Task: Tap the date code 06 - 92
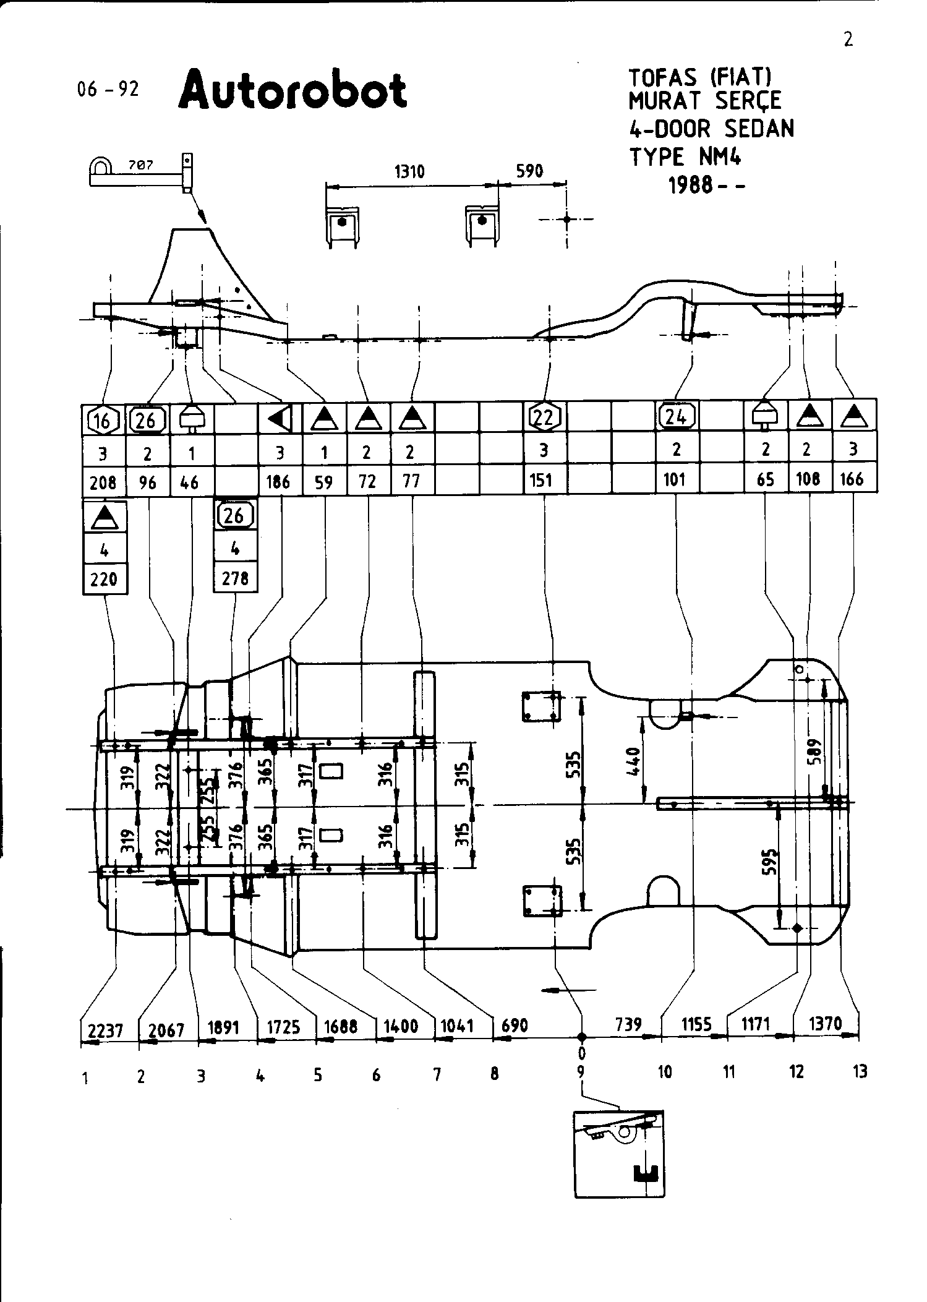coord(108,90)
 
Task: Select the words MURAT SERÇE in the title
coord(705,100)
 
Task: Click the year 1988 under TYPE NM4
coord(691,185)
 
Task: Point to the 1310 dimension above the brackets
coord(409,171)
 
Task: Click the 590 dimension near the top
coord(529,171)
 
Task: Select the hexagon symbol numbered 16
coord(102,421)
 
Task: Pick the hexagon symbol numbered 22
coord(544,418)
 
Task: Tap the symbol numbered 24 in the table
coord(676,416)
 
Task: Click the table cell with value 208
coord(103,482)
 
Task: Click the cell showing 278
coord(235,578)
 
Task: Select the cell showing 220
coord(104,579)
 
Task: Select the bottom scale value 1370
coord(825,1024)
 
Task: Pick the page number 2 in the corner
coord(848,40)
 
